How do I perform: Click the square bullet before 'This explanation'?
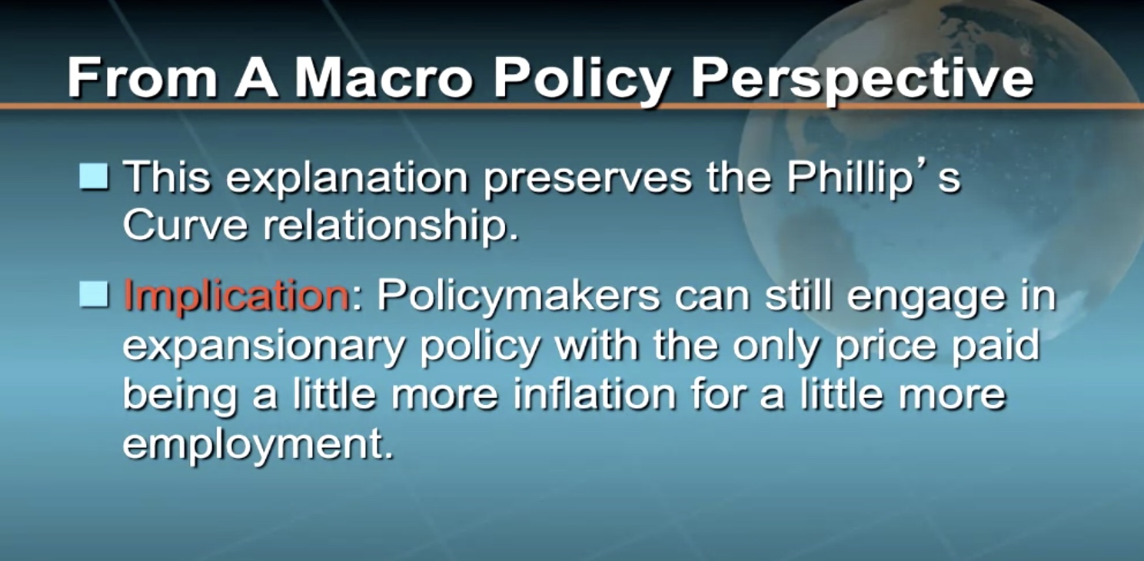point(94,177)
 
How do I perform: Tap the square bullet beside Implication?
point(94,294)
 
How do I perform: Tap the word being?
point(180,396)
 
